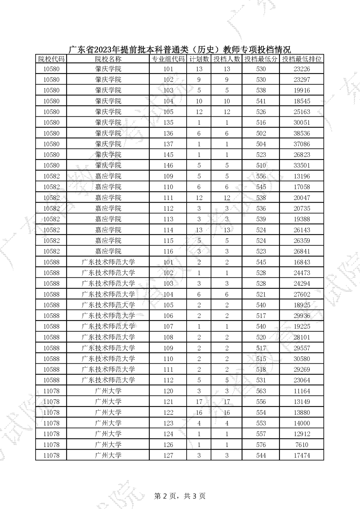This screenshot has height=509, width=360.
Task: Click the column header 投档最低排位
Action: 302,59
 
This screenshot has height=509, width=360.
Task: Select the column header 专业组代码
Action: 168,59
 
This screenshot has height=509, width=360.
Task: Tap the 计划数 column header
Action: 199,59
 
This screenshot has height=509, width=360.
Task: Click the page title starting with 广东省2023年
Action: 179,50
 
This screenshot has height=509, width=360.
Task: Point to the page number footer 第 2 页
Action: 180,496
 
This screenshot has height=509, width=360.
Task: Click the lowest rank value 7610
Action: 302,445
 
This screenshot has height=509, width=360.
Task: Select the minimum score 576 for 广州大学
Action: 261,445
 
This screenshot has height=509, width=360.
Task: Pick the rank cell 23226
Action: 302,69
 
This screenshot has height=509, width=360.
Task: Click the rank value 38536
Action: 302,133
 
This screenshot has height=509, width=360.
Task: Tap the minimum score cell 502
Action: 261,133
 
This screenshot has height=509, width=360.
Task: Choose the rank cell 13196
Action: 302,176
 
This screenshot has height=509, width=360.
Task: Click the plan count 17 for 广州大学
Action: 199,402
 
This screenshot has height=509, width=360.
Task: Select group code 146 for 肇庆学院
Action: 168,165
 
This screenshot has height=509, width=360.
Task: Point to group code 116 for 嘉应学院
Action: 168,251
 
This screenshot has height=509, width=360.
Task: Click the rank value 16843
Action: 302,262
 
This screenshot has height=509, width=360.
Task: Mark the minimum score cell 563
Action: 261,391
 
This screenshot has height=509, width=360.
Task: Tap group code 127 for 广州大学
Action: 168,455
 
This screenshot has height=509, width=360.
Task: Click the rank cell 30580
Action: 302,359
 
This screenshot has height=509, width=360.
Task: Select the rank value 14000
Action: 302,423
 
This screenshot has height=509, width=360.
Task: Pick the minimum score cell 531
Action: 261,380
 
